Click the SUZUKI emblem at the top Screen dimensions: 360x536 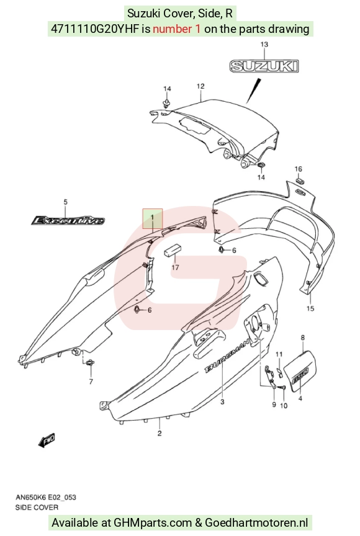click(x=264, y=66)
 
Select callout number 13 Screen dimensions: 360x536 click(x=264, y=45)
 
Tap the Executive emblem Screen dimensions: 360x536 click(x=68, y=220)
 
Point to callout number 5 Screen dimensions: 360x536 click(x=66, y=202)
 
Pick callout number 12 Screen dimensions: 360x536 click(x=200, y=86)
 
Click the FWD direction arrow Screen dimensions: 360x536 click(x=47, y=440)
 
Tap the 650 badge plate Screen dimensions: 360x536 click(x=301, y=372)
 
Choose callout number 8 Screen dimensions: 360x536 click(x=302, y=337)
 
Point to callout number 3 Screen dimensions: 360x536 click(x=222, y=402)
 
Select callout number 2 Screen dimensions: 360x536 click(x=160, y=434)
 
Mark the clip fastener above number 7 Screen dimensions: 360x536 click(x=91, y=363)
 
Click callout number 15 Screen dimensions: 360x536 click(x=310, y=308)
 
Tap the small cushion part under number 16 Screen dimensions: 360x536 click(x=300, y=180)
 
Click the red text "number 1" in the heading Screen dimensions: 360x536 click(x=177, y=29)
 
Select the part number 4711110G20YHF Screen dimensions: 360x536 click(x=95, y=29)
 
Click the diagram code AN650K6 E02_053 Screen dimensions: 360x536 click(x=46, y=497)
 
